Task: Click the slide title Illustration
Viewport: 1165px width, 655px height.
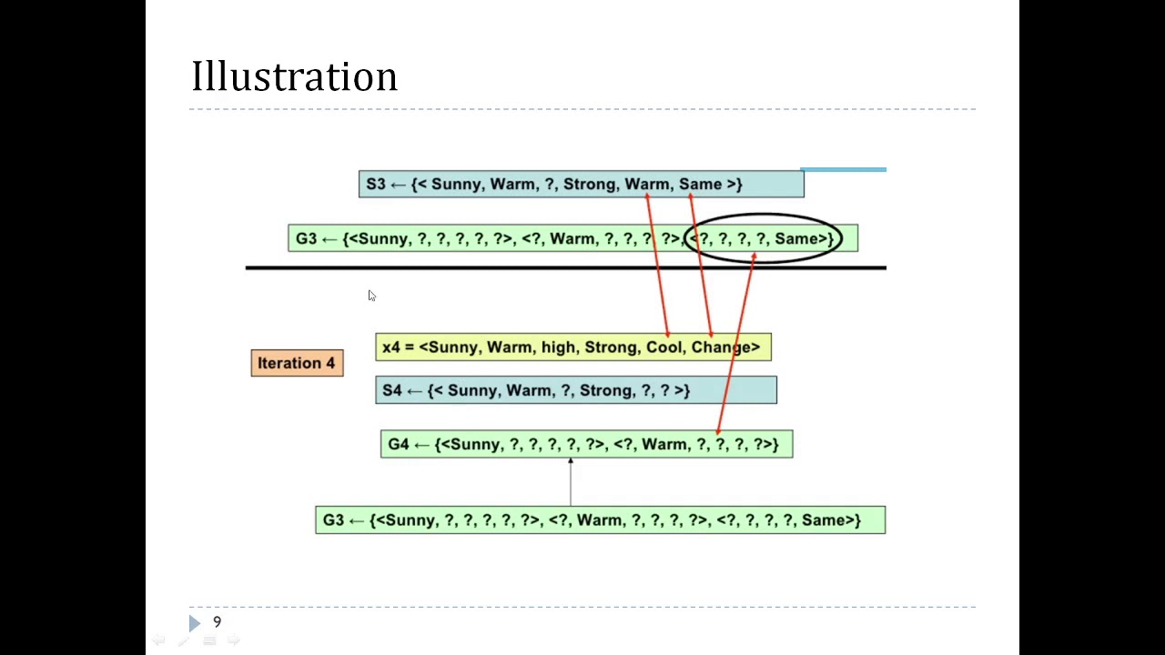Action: [x=294, y=77]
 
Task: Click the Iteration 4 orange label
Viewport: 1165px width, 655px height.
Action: [x=297, y=363]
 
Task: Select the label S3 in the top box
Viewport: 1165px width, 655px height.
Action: [x=376, y=184]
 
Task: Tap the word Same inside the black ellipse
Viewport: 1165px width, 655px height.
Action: [x=796, y=238]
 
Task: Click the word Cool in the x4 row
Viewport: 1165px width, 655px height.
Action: [x=664, y=347]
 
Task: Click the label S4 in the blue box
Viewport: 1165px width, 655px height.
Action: [x=392, y=390]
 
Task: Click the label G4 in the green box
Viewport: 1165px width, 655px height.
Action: [x=398, y=444]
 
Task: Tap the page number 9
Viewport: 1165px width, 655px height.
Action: [x=217, y=622]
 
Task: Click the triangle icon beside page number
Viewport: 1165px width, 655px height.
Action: [x=194, y=623]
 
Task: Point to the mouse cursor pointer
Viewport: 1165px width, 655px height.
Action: [x=371, y=296]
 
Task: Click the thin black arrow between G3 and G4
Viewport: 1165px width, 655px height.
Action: [x=571, y=482]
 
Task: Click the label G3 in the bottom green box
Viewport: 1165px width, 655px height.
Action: [x=333, y=519]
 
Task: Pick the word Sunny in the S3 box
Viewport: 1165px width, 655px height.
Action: [x=455, y=184]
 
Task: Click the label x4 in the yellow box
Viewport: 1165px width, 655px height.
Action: [x=391, y=347]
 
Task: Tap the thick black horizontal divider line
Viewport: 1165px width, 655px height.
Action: [x=564, y=267]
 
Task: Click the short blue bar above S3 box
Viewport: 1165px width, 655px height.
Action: [x=843, y=169]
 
